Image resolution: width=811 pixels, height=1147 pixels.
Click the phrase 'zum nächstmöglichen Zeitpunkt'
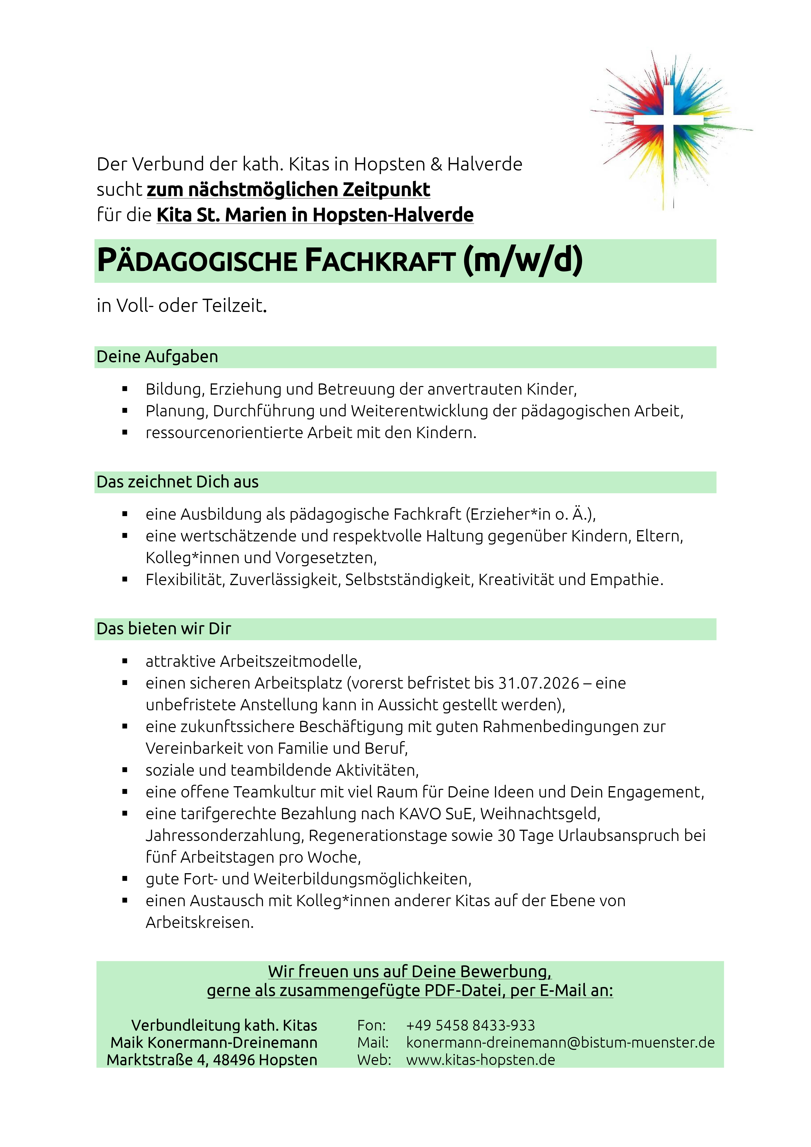[288, 190]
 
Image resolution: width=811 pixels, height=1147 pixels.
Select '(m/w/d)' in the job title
[523, 260]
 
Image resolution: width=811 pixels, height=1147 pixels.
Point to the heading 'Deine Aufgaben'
[157, 357]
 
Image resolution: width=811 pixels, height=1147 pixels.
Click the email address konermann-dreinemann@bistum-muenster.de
[560, 1043]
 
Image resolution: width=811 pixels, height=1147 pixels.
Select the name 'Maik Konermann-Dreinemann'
[214, 1043]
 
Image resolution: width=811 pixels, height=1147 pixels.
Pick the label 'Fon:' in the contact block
[371, 1025]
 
